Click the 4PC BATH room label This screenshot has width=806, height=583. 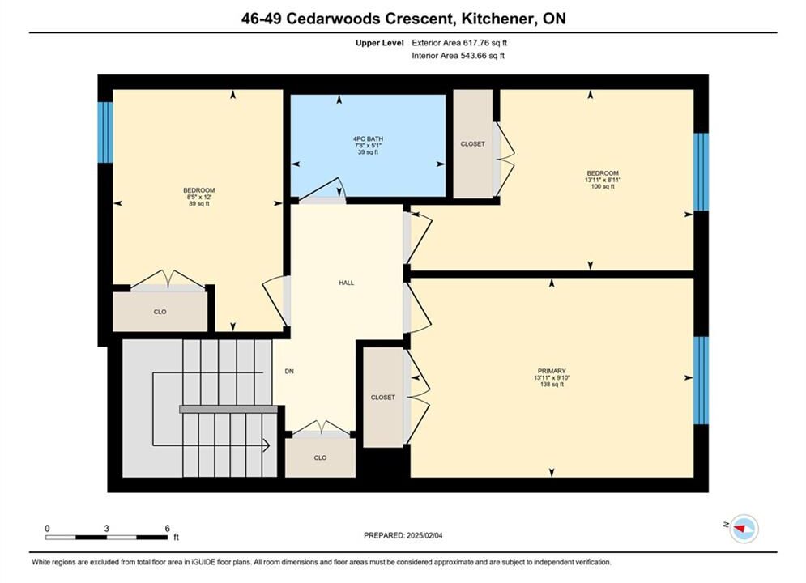(368, 138)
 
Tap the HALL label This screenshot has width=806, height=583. (347, 283)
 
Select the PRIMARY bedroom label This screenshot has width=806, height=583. (552, 371)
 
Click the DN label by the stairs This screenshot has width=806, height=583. (289, 371)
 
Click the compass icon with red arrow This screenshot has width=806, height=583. (744, 528)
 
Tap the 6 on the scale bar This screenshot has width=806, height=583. (168, 528)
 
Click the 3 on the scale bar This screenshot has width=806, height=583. (106, 528)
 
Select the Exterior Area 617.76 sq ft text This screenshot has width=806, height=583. (459, 43)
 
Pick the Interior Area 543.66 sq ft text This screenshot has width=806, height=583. (458, 56)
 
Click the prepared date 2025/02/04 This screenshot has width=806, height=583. (424, 535)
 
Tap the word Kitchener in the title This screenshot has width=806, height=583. (497, 19)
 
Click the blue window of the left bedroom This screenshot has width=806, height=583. (104, 132)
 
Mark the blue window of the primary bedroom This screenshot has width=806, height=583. (702, 380)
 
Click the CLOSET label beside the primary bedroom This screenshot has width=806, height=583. (383, 397)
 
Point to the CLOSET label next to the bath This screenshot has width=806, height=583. (472, 144)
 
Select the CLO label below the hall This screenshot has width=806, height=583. (320, 457)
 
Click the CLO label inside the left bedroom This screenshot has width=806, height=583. (160, 312)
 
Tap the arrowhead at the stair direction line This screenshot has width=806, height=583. (267, 445)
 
